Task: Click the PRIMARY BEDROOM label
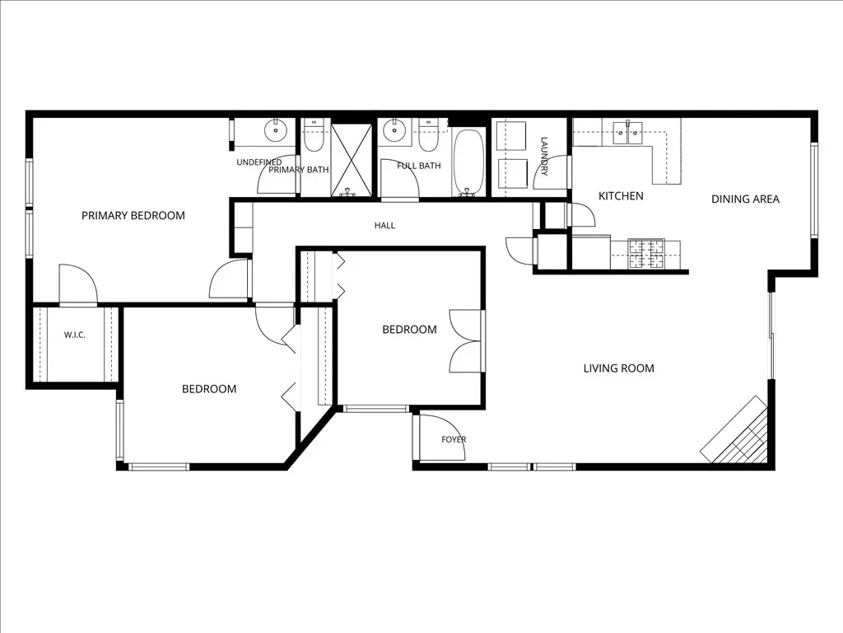tap(133, 215)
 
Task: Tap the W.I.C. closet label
tap(75, 335)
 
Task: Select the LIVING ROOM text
tap(619, 368)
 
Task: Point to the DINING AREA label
tap(745, 199)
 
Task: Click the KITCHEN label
tap(621, 196)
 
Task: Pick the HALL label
tap(385, 226)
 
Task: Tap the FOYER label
tap(454, 439)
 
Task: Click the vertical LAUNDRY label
tap(544, 156)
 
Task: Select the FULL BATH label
tap(419, 166)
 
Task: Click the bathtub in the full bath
tap(470, 162)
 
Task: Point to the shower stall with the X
tap(351, 159)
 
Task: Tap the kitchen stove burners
tap(647, 254)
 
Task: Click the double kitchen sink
tap(628, 132)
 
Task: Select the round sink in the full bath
tap(394, 129)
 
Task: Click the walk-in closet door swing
tap(78, 284)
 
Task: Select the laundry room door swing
tap(551, 172)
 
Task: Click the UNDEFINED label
tap(259, 162)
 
